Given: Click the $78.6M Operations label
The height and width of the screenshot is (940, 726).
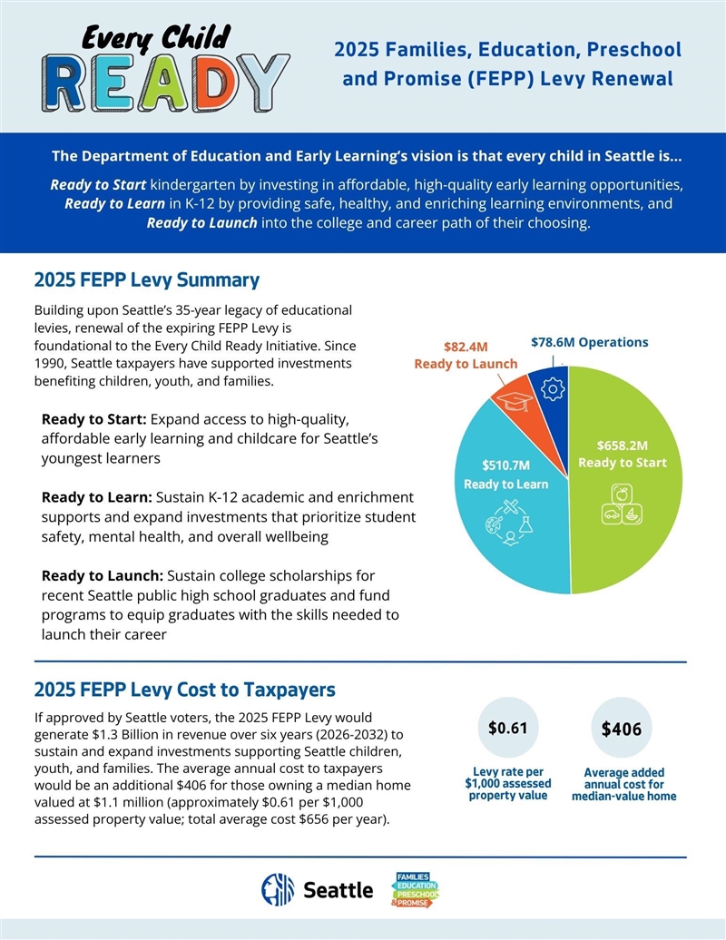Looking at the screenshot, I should click(x=589, y=343).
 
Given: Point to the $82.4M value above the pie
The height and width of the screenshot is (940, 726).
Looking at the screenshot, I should click(x=466, y=347).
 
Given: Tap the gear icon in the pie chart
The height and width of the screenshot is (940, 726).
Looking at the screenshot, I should click(x=550, y=388).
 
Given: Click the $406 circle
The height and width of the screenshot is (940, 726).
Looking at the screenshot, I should click(x=622, y=729).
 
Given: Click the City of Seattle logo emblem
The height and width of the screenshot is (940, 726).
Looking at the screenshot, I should click(x=278, y=890).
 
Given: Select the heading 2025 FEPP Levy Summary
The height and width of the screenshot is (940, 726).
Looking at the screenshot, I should click(x=146, y=279).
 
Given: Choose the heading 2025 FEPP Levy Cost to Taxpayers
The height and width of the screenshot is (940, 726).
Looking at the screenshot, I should click(x=184, y=689).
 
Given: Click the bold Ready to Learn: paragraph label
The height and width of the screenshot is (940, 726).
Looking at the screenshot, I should click(x=97, y=498).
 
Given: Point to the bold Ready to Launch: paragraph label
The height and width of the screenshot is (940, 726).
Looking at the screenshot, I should click(x=102, y=576).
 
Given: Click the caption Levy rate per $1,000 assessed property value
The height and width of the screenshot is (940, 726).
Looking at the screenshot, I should click(x=508, y=784).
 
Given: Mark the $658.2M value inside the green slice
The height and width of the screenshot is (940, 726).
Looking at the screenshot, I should click(x=623, y=446).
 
